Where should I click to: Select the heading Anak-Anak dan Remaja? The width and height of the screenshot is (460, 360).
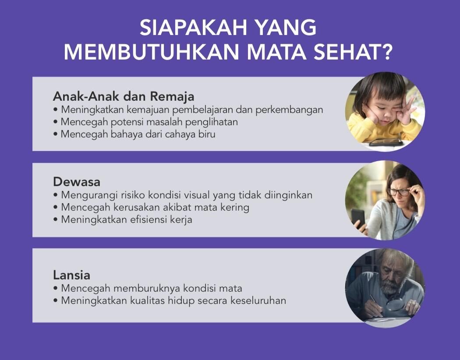(124, 96)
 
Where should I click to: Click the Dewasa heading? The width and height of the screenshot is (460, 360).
(77, 182)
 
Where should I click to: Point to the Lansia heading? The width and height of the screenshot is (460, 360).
(71, 275)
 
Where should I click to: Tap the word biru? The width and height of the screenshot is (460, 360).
(207, 134)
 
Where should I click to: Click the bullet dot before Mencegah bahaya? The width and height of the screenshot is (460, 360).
(56, 134)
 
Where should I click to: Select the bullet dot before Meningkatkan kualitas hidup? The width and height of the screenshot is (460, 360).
(56, 301)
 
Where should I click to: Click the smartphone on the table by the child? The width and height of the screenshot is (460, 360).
(386, 142)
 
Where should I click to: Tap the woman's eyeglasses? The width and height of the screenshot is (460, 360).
(399, 192)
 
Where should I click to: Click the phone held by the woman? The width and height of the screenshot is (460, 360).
(358, 217)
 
